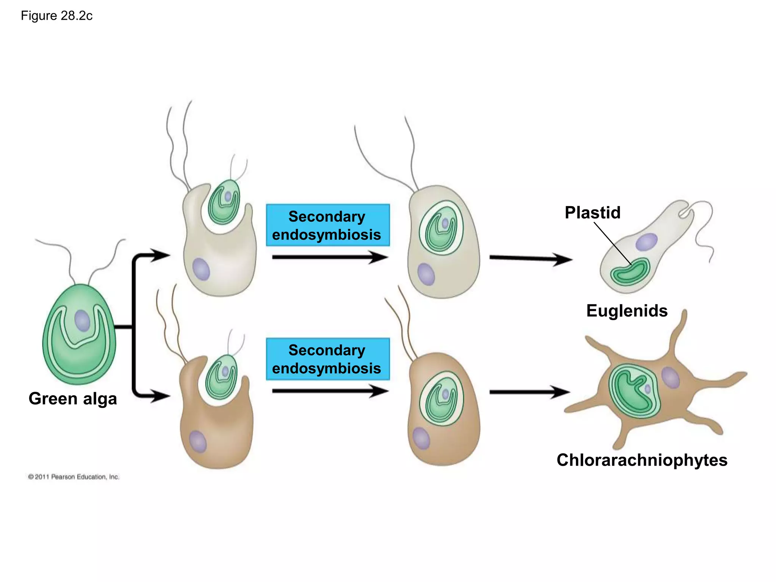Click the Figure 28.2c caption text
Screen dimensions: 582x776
[56, 16]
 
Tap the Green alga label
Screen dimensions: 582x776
[73, 399]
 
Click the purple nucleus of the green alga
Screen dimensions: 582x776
[82, 321]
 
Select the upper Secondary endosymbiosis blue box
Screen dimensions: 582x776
[327, 225]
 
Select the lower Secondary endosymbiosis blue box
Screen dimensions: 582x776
[327, 359]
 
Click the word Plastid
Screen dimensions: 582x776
[592, 213]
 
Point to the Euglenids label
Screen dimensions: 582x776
[627, 311]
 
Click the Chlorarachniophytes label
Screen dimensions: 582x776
[642, 460]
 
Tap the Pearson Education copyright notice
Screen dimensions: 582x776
[74, 477]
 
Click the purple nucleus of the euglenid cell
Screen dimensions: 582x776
[646, 242]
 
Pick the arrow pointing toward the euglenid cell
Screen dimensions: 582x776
[530, 259]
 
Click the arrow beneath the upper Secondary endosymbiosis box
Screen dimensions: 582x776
[330, 257]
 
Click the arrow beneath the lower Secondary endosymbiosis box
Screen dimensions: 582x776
[330, 391]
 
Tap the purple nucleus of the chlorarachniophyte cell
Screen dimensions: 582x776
[670, 377]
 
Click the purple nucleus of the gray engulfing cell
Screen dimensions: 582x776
[201, 269]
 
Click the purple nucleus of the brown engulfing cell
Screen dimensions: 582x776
[198, 441]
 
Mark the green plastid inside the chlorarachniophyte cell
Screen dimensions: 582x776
[634, 391]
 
